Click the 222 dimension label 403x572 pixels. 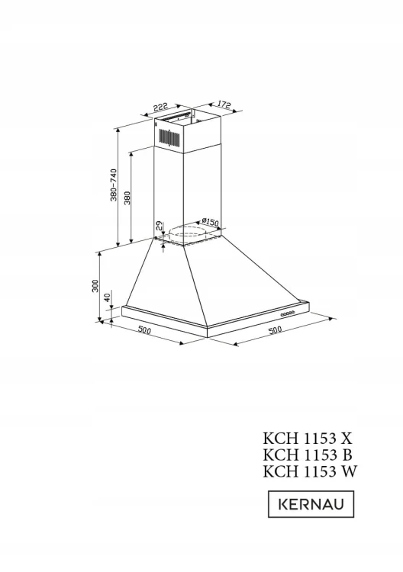pos(160,107)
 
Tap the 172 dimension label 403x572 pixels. pos(224,104)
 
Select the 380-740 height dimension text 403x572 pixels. pos(114,185)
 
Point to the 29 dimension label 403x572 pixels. pos(159,226)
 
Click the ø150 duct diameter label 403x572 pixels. pos(210,221)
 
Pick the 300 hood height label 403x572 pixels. pos(95,286)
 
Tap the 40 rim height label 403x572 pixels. pos(107,297)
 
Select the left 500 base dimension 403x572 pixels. pos(144,330)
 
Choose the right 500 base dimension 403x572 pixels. pos(276,329)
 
